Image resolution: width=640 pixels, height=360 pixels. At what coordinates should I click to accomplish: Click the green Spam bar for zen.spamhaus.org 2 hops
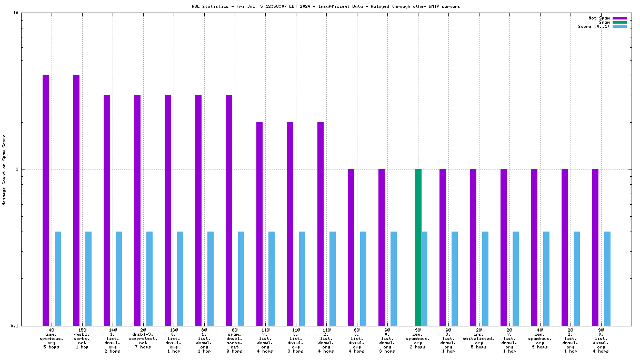418,247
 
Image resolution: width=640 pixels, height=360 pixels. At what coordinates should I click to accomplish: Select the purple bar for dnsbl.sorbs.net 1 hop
76,200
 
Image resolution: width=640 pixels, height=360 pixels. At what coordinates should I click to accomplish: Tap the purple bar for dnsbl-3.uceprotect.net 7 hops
137,210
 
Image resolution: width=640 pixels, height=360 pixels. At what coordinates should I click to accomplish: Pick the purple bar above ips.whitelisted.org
473,247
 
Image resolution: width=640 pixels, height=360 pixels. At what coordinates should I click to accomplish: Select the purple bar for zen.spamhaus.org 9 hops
534,247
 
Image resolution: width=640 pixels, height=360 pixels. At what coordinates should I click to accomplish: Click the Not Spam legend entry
599,18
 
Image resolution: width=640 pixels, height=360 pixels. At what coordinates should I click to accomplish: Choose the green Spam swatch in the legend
619,22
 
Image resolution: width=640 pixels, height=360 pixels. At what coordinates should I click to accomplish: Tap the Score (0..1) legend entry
594,26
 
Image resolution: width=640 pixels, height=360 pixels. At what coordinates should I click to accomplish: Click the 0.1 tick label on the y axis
15,325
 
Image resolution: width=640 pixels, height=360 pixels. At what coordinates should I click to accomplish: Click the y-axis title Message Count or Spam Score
4,169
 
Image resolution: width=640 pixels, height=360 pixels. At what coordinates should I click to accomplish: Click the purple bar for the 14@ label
107,210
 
